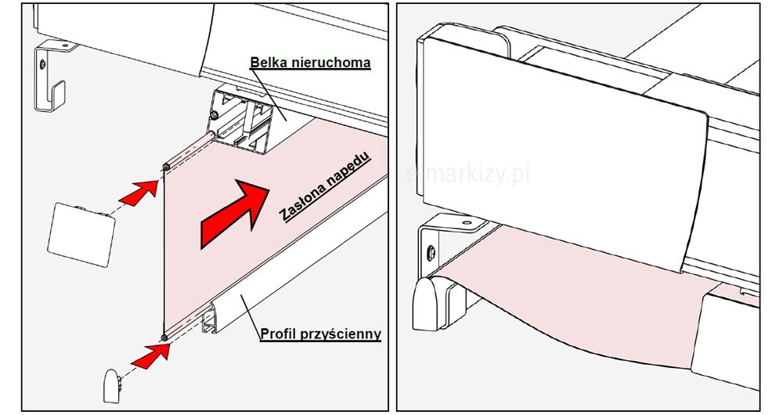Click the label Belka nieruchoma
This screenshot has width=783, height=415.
point(310,63)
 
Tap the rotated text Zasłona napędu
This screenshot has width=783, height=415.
point(325,186)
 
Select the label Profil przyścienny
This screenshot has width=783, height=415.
point(320,334)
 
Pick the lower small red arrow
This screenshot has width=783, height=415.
point(150,355)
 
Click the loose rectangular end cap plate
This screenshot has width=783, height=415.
point(81,234)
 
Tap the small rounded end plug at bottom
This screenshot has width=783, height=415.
point(112,385)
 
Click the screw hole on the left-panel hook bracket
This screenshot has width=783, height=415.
point(43,63)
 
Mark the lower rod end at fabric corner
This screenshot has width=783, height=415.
point(164,338)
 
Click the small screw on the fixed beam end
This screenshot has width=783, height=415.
point(215,116)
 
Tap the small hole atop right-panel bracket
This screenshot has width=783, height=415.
point(467,223)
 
